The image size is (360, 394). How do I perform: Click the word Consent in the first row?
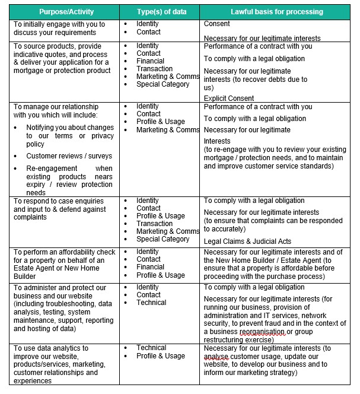point(217,24)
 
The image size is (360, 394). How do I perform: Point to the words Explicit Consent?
point(229,99)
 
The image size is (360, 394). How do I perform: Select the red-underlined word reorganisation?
point(261,332)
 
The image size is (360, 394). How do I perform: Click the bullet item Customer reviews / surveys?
point(69,156)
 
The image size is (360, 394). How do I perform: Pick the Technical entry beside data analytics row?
point(151,348)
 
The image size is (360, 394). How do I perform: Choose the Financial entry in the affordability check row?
point(152,267)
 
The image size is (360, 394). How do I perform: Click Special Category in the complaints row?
point(163,239)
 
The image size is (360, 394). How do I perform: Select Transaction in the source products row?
point(154,69)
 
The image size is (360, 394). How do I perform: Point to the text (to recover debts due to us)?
point(255,83)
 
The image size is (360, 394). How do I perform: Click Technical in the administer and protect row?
point(151,303)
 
